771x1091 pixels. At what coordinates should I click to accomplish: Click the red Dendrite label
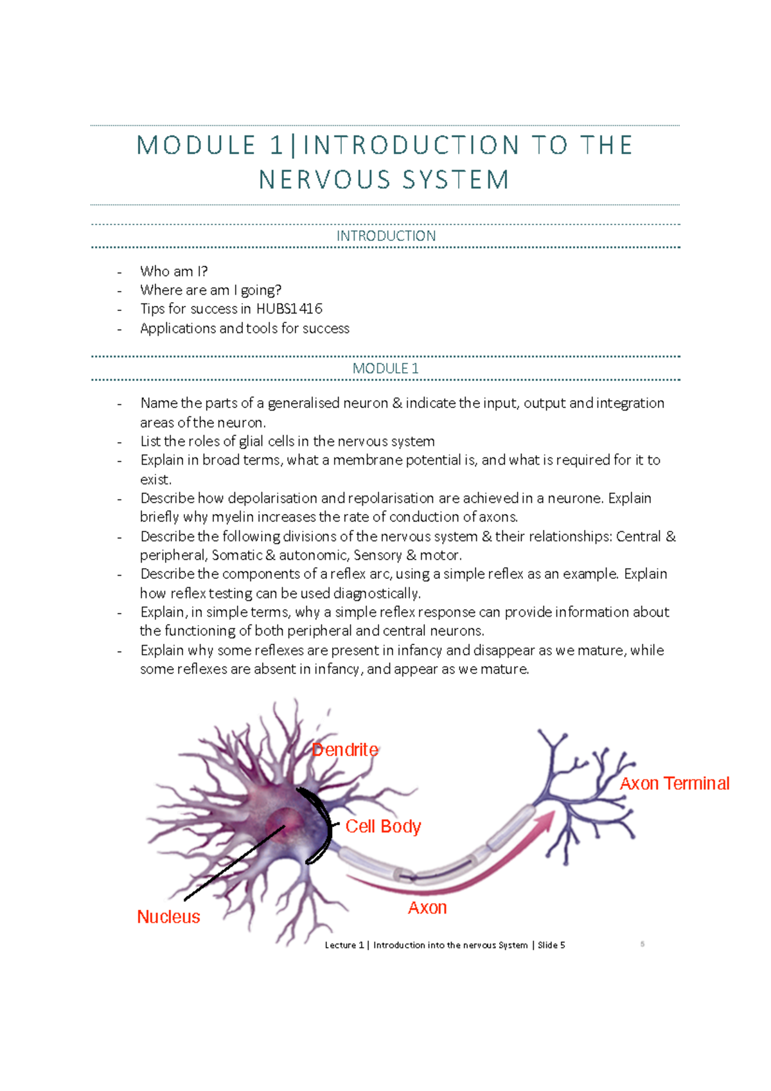click(x=345, y=750)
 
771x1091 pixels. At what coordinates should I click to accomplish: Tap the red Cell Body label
click(x=383, y=826)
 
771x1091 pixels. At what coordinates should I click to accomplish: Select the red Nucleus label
click(x=168, y=917)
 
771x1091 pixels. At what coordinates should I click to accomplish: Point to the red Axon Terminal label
click(x=675, y=784)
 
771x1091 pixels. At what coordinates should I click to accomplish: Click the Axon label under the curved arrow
click(x=427, y=908)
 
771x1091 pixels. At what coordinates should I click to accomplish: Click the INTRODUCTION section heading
click(x=385, y=236)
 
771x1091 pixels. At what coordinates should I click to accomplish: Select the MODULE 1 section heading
click(x=385, y=369)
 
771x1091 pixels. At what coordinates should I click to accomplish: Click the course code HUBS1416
click(x=289, y=309)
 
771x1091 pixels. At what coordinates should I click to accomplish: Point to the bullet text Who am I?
click(x=174, y=271)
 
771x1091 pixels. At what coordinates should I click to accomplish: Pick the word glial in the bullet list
click(x=252, y=441)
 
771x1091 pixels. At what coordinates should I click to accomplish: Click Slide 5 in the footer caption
click(x=551, y=945)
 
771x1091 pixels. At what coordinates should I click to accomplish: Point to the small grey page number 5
click(x=642, y=944)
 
